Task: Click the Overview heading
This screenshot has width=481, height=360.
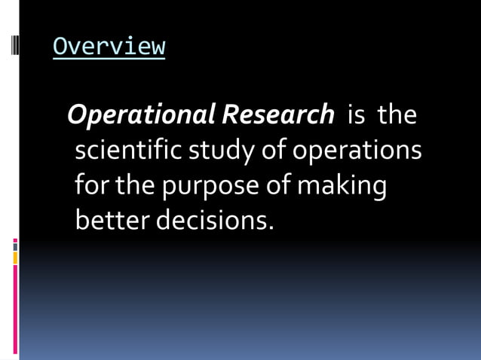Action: pyautogui.click(x=109, y=46)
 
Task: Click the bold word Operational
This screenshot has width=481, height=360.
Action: pyautogui.click(x=141, y=115)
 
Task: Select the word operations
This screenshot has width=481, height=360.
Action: pyautogui.click(x=357, y=151)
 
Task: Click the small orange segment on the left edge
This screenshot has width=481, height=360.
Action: pyautogui.click(x=15, y=258)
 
